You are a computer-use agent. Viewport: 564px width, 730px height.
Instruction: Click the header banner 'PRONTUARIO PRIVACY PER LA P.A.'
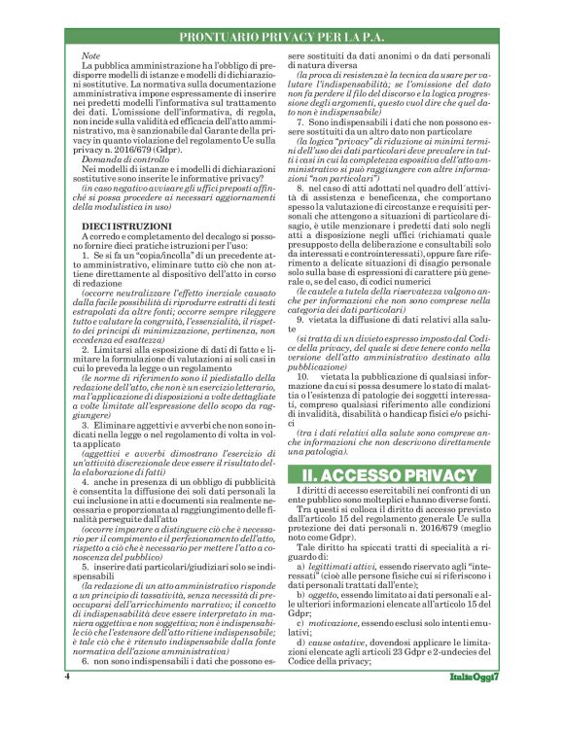click(x=282, y=38)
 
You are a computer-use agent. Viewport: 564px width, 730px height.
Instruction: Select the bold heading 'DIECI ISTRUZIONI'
click(x=112, y=226)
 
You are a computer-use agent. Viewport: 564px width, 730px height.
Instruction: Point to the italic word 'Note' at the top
click(x=91, y=55)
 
